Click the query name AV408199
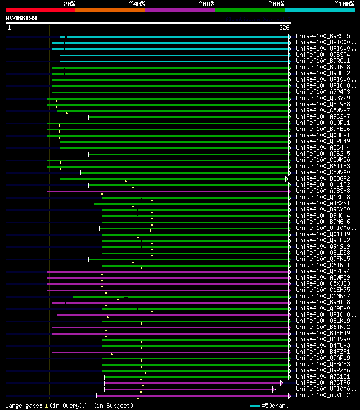pyautogui.click(x=21, y=18)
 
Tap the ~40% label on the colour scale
pyautogui.click(x=137, y=4)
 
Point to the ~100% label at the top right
pyautogui.click(x=344, y=4)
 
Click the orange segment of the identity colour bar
pyautogui.click(x=110, y=10)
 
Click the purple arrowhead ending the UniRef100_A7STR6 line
pyautogui.click(x=282, y=382)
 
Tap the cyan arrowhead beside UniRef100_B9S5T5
pyautogui.click(x=290, y=36)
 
